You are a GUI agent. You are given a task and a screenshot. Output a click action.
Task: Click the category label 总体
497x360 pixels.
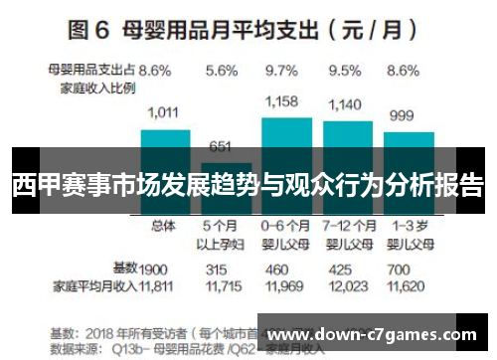coord(162,226)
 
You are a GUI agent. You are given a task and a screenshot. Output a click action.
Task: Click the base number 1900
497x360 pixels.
coord(153,269)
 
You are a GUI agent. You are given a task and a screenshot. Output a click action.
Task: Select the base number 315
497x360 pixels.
coord(217,269)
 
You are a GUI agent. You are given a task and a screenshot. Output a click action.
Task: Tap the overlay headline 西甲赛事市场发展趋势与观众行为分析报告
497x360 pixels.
coord(248,185)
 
